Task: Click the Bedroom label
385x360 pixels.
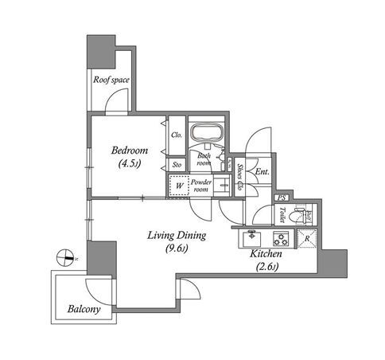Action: click(130, 151)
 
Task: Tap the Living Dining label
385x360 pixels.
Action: click(177, 236)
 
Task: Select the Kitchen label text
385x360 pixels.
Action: click(266, 254)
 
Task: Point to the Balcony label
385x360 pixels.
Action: click(84, 309)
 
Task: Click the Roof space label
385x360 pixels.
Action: click(111, 80)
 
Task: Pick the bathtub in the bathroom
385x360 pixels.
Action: click(206, 132)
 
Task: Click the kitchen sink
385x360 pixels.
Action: click(252, 238)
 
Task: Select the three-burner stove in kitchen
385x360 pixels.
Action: click(282, 238)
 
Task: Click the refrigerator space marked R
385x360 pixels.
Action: click(307, 238)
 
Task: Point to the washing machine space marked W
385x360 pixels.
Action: click(180, 186)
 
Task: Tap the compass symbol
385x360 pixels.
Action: click(65, 257)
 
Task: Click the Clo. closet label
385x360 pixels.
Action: click(177, 135)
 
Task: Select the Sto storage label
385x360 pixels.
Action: click(177, 165)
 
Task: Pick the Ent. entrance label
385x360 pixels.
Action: click(262, 172)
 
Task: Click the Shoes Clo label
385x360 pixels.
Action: click(240, 177)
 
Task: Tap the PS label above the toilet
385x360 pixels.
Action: click(282, 198)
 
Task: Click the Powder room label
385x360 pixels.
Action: click(201, 186)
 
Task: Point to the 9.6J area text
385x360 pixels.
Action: click(177, 248)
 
